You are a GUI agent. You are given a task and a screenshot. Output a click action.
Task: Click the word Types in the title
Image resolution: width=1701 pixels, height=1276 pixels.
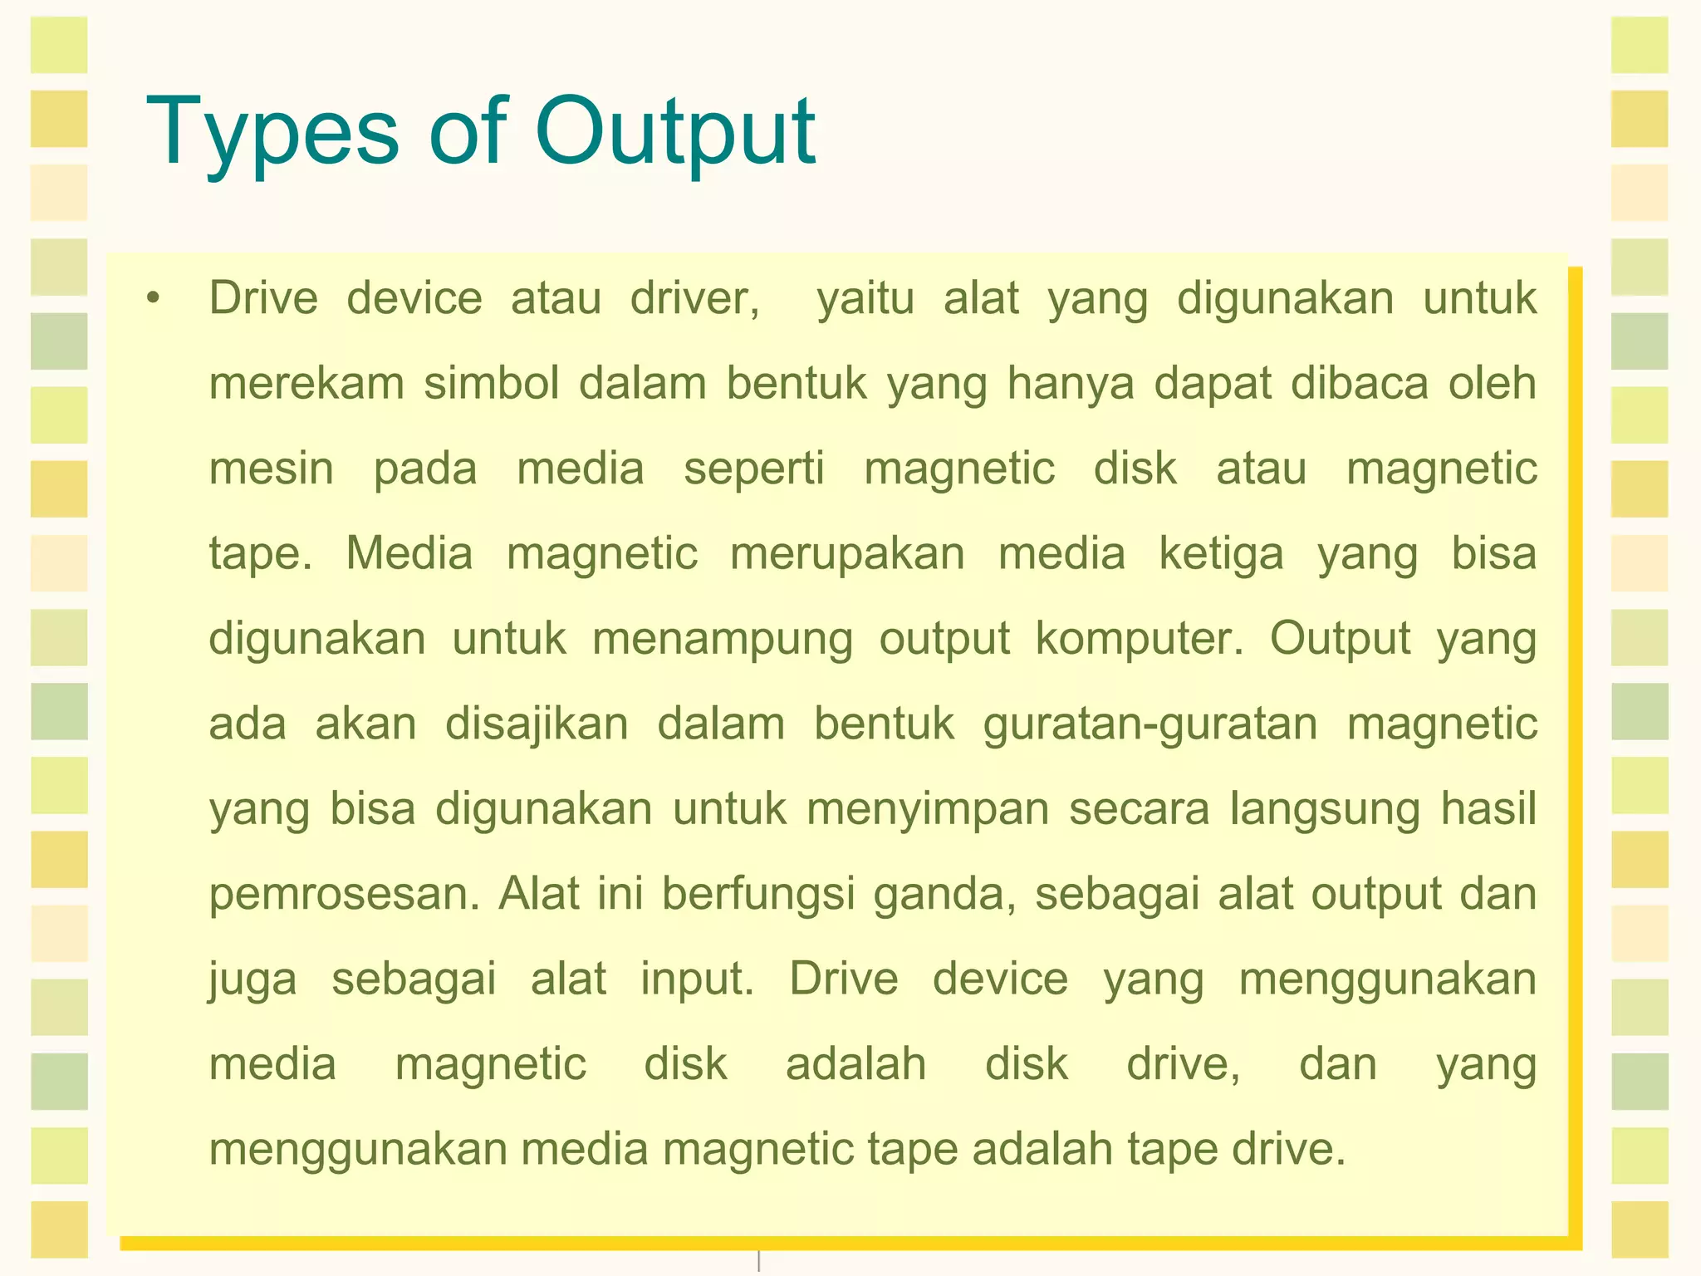tap(273, 133)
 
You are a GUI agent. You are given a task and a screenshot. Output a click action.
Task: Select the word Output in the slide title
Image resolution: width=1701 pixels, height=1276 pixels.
tap(674, 133)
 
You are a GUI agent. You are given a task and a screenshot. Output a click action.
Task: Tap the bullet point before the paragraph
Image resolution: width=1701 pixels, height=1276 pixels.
tap(152, 298)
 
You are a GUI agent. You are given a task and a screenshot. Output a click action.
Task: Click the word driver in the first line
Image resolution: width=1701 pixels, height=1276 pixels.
tap(694, 298)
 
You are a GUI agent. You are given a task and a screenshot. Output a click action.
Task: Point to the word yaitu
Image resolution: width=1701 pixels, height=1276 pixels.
tap(865, 298)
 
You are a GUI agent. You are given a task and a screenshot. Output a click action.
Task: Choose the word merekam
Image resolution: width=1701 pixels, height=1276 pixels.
tap(306, 384)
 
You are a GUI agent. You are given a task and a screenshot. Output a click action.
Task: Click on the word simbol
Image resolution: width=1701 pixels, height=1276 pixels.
tap(492, 384)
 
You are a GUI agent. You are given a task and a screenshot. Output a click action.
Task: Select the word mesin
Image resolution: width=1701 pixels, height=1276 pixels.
tap(272, 469)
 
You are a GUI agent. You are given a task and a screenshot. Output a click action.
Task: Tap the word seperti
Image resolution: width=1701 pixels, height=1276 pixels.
tap(754, 470)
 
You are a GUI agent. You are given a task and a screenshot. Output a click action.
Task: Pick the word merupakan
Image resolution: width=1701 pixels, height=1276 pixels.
tap(847, 555)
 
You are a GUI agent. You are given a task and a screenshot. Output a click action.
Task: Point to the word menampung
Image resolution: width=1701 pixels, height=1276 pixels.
tap(723, 640)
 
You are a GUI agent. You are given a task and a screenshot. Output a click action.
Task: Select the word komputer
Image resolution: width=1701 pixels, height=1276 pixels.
tap(1140, 640)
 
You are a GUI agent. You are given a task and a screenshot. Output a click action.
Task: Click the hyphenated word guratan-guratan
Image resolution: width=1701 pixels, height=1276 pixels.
tap(1150, 725)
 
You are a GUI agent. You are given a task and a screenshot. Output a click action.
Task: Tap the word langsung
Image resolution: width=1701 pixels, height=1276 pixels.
tap(1326, 810)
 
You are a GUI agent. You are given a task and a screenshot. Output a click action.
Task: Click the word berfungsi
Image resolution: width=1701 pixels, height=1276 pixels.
tap(758, 895)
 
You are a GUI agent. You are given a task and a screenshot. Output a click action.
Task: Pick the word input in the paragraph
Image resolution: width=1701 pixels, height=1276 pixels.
tap(697, 980)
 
